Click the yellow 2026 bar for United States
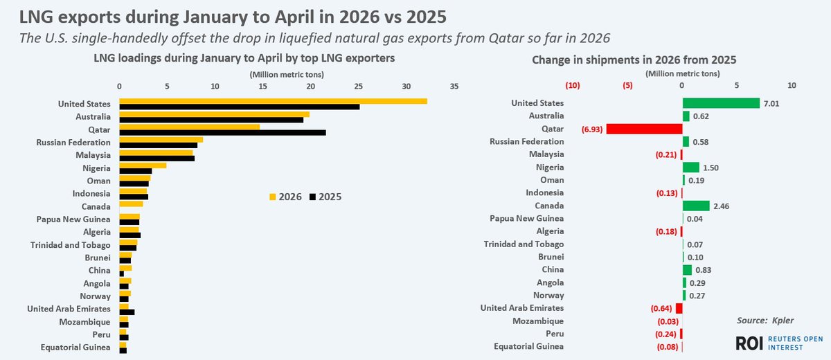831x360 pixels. [273, 101]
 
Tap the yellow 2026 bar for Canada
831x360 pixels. [131, 204]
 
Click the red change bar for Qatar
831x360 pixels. [644, 129]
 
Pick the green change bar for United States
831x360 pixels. [721, 103]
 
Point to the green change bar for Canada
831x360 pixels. [696, 206]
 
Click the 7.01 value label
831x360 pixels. [771, 103]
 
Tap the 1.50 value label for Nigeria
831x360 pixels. [711, 167]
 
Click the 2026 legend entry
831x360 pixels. [284, 197]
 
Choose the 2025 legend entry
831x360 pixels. [325, 197]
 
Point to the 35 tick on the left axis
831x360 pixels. [454, 87]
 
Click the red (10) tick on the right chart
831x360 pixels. [573, 86]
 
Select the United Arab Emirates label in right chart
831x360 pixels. [521, 308]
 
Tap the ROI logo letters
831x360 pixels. [750, 343]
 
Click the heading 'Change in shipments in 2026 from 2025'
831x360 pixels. [634, 60]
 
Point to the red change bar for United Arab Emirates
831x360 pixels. [679, 308]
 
